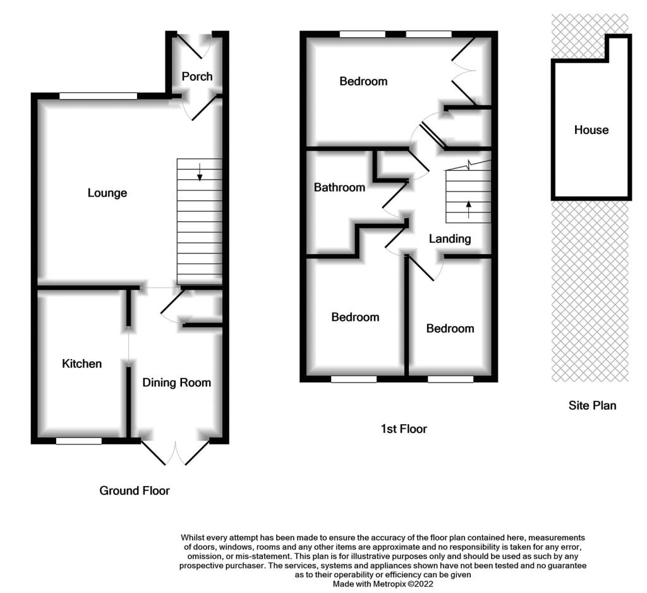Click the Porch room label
click(x=197, y=76)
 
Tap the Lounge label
click(x=107, y=193)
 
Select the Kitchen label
click(x=82, y=364)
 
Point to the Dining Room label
click(x=177, y=383)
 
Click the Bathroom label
click(x=339, y=188)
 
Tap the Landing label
click(x=450, y=239)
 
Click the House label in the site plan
click(x=591, y=130)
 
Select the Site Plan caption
click(x=593, y=405)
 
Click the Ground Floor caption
click(x=135, y=491)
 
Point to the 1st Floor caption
click(x=404, y=429)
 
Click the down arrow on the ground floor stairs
click(x=200, y=172)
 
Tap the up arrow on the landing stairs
click(x=468, y=209)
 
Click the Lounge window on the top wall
click(x=98, y=96)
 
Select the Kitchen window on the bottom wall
click(x=79, y=441)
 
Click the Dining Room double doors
click(x=176, y=453)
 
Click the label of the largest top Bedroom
click(x=363, y=82)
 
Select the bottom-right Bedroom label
click(x=450, y=329)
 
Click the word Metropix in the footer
click(x=389, y=584)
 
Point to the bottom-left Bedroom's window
click(x=354, y=379)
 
